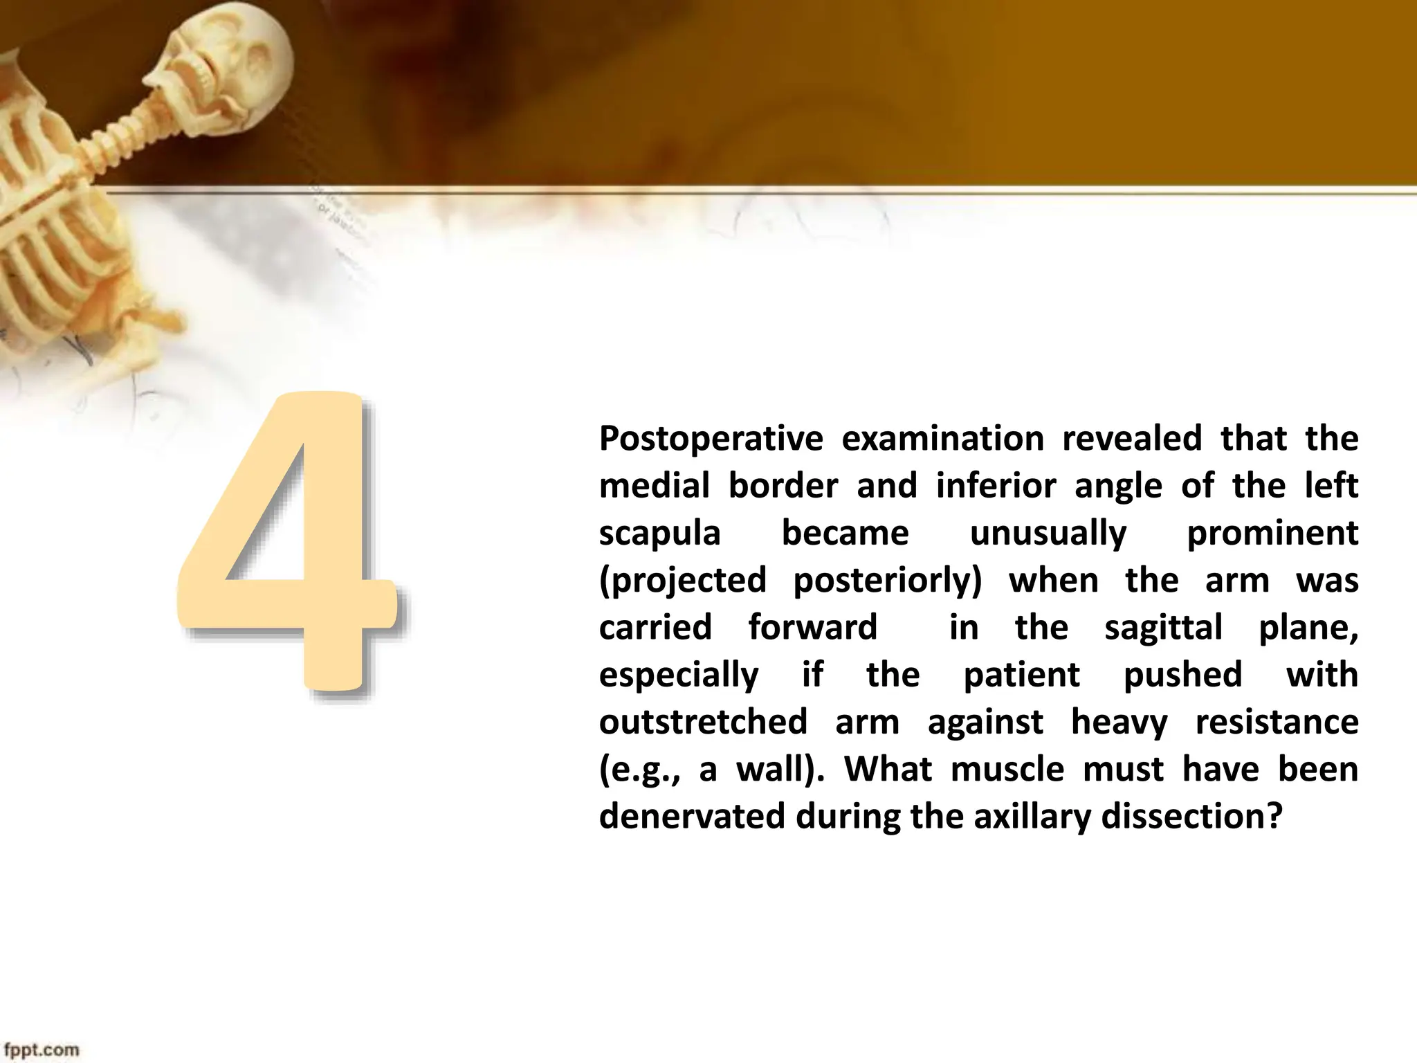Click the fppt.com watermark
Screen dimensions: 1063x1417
[42, 1050]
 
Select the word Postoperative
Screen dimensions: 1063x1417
[711, 439]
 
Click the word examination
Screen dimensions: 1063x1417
[942, 439]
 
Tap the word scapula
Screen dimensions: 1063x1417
[659, 533]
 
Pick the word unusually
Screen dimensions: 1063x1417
[1048, 534]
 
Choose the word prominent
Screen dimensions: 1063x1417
[1272, 534]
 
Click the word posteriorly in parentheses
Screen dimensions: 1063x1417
[887, 581]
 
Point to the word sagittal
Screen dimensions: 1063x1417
[1163, 628]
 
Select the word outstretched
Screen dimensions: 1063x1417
[703, 722]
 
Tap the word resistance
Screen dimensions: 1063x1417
[1277, 722]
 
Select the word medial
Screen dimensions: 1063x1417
[654, 486]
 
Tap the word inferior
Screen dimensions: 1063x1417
[996, 486]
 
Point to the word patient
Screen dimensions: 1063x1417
[1021, 675]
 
